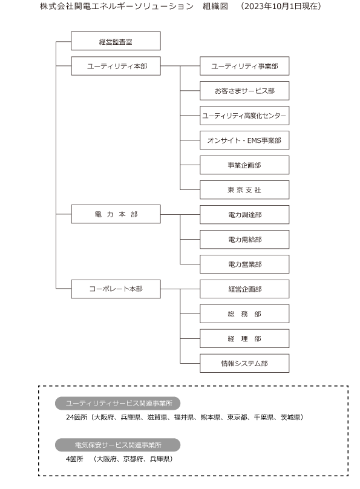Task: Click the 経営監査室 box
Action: coord(116,41)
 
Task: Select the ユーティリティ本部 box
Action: coord(116,66)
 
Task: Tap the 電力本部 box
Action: coord(116,214)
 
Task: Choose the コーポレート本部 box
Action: coord(116,289)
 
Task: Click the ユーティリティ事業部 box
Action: coord(244,66)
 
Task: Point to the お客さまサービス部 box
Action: coord(244,91)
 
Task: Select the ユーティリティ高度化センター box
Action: coord(244,116)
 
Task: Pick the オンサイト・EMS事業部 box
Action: coord(244,140)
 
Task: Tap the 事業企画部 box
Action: coord(244,165)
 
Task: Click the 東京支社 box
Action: coord(244,189)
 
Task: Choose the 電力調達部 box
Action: coord(244,215)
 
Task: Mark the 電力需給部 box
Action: coord(244,239)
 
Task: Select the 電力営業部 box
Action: coord(244,264)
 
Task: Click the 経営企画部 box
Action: coord(244,289)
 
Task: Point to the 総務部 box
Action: coord(244,313)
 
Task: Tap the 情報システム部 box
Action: coord(244,363)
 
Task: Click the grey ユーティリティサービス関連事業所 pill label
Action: coord(117,403)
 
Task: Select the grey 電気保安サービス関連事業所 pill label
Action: coord(117,445)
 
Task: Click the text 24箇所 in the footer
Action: coord(76,417)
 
